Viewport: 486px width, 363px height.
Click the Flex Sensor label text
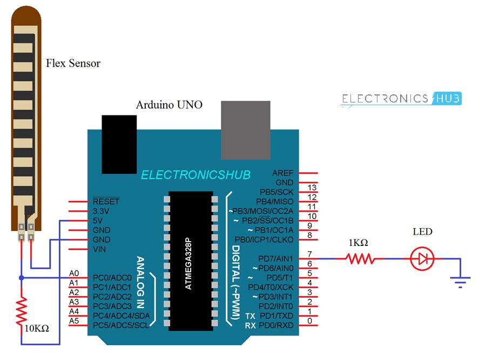[73, 64]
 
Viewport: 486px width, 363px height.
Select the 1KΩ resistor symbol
[360, 259]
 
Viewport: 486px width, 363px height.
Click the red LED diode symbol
[422, 259]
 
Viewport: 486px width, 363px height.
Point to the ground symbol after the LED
[460, 280]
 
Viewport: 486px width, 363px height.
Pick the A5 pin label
[75, 321]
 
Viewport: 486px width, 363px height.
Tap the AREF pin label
[283, 173]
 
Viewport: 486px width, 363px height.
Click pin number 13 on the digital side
[312, 188]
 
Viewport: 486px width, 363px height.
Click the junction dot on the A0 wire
[21, 278]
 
